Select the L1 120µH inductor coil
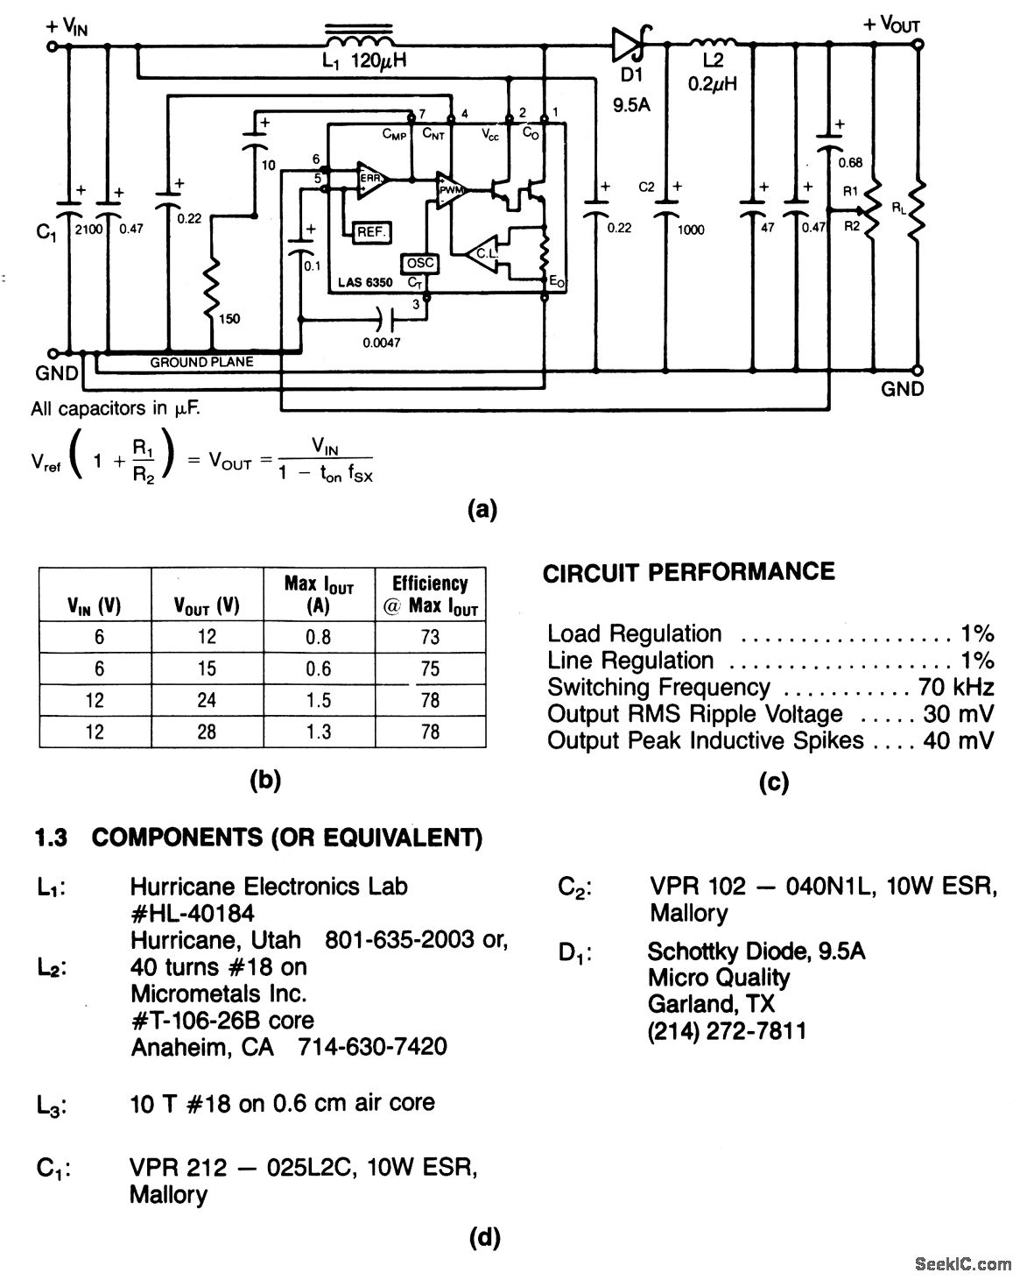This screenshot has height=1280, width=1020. pyautogui.click(x=359, y=41)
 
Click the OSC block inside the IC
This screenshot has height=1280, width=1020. pyautogui.click(x=419, y=263)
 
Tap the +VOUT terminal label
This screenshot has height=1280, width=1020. pyautogui.click(x=891, y=25)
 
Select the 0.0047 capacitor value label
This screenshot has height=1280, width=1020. pyautogui.click(x=382, y=343)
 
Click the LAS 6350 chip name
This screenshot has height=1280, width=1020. pyautogui.click(x=366, y=283)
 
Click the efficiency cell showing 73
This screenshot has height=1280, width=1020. pyautogui.click(x=430, y=637)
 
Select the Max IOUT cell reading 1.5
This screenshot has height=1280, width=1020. pyautogui.click(x=319, y=699)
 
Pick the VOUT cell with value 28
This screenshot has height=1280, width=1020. pyautogui.click(x=207, y=731)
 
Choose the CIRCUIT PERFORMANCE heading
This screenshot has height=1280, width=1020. pyautogui.click(x=688, y=572)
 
